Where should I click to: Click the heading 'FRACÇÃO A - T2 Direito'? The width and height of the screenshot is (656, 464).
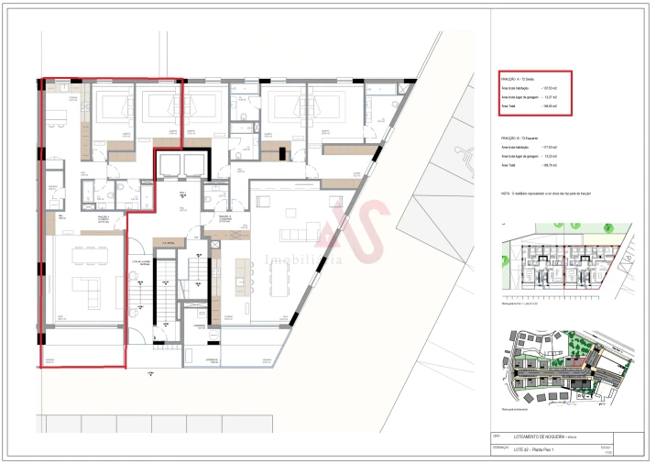[519, 79]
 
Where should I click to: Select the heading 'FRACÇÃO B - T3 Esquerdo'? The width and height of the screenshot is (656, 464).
[520, 138]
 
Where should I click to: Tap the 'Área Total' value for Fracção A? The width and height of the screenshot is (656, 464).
[549, 106]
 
